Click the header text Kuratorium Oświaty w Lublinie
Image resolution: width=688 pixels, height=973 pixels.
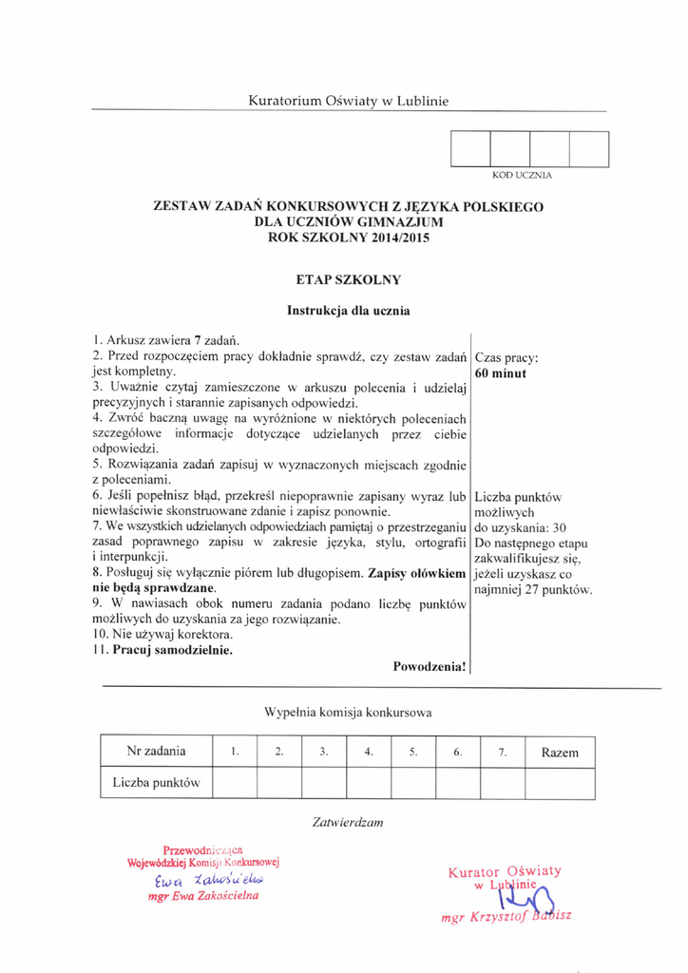pyautogui.click(x=348, y=100)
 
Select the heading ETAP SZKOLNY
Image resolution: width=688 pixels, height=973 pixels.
pyautogui.click(x=349, y=279)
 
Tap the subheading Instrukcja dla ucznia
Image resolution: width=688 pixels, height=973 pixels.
pyautogui.click(x=349, y=309)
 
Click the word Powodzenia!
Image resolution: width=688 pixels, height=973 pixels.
pyautogui.click(x=430, y=667)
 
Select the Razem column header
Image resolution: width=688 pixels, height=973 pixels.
pyautogui.click(x=560, y=753)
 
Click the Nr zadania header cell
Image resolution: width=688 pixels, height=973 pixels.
pyautogui.click(x=156, y=752)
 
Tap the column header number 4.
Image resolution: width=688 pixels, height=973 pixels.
pyautogui.click(x=368, y=753)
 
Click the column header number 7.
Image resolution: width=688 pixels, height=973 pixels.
pyautogui.click(x=502, y=753)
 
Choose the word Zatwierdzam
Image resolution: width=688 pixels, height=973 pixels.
pyautogui.click(x=347, y=821)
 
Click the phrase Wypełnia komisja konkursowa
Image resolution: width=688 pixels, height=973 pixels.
pyautogui.click(x=348, y=711)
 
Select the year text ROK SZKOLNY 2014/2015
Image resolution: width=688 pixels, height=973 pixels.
pyautogui.click(x=349, y=238)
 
